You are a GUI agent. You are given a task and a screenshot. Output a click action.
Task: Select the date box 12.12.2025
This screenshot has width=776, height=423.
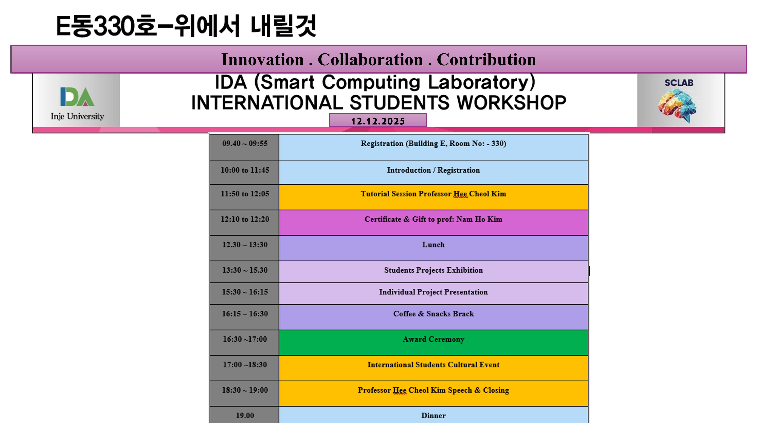(378, 120)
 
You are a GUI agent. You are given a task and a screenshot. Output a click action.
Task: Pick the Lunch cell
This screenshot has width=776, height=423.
(434, 248)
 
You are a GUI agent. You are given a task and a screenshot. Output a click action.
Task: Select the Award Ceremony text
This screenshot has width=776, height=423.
(434, 339)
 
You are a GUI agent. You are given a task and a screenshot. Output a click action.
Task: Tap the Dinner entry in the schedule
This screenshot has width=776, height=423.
(434, 415)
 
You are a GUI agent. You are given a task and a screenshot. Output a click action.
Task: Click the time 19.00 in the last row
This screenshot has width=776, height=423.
(245, 415)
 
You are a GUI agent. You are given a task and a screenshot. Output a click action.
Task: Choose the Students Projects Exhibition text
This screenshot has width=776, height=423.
(434, 270)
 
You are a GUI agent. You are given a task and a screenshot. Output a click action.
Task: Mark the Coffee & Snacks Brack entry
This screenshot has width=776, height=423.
(434, 314)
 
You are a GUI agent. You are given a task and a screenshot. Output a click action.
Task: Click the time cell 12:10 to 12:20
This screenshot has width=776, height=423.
(245, 223)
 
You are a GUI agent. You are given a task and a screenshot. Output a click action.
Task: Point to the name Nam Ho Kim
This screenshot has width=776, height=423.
(479, 219)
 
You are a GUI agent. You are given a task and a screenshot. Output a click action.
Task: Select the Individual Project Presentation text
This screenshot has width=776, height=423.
(434, 292)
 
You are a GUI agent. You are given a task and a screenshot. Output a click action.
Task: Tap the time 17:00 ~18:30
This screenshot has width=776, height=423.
(245, 365)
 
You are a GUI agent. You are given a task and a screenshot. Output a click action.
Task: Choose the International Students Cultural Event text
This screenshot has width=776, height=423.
(434, 365)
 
